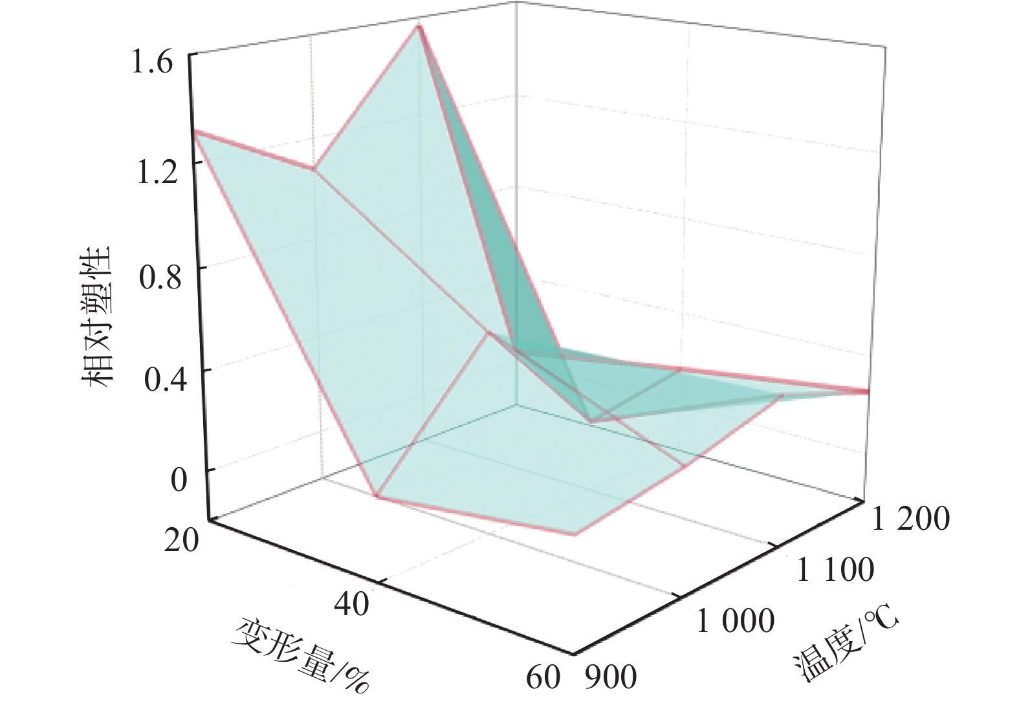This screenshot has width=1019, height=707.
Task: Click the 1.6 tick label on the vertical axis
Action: tap(153, 65)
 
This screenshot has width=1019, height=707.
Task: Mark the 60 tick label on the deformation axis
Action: tap(542, 678)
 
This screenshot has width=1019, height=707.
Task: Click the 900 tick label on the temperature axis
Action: tap(611, 678)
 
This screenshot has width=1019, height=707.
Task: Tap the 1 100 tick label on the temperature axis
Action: tap(834, 571)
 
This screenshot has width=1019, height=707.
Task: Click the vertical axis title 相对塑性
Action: tap(98, 317)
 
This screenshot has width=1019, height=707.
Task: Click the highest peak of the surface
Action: tap(419, 26)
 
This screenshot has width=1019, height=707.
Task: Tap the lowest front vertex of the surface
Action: tap(575, 534)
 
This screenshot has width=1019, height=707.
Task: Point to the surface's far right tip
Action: tap(868, 391)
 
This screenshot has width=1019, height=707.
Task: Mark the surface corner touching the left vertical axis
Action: tap(195, 131)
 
